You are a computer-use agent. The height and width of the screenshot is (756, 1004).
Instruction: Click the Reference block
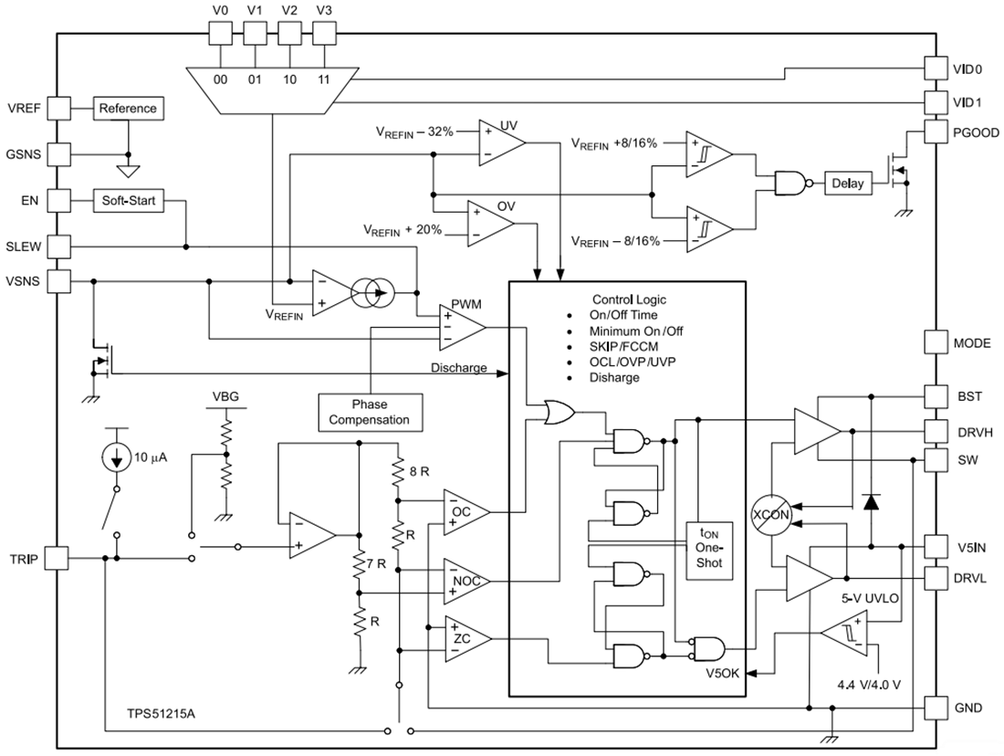[x=128, y=109]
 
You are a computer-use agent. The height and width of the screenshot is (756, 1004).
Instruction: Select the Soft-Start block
[x=129, y=201]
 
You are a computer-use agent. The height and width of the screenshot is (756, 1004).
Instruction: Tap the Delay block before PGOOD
[x=847, y=184]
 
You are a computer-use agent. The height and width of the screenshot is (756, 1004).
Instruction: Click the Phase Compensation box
[x=370, y=412]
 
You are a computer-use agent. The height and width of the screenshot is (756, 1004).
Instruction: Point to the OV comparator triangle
[x=488, y=223]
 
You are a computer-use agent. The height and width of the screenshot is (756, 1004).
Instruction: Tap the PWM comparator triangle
[x=460, y=327]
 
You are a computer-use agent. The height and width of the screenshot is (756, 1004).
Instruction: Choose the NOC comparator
[x=465, y=582]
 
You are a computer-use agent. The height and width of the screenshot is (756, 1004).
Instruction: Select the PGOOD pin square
[x=936, y=132]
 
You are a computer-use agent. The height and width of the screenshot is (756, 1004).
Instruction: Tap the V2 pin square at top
[x=289, y=33]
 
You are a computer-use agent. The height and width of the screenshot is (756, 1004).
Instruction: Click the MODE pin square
[x=936, y=342]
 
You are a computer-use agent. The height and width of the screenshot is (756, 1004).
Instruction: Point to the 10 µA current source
[x=116, y=457]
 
